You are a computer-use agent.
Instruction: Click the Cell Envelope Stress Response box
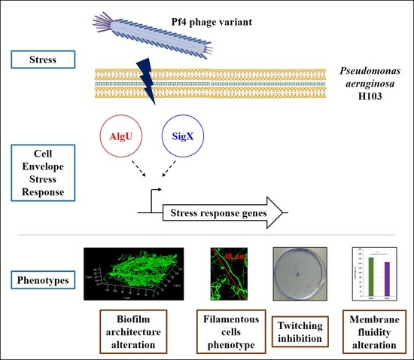coord(42,164)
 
